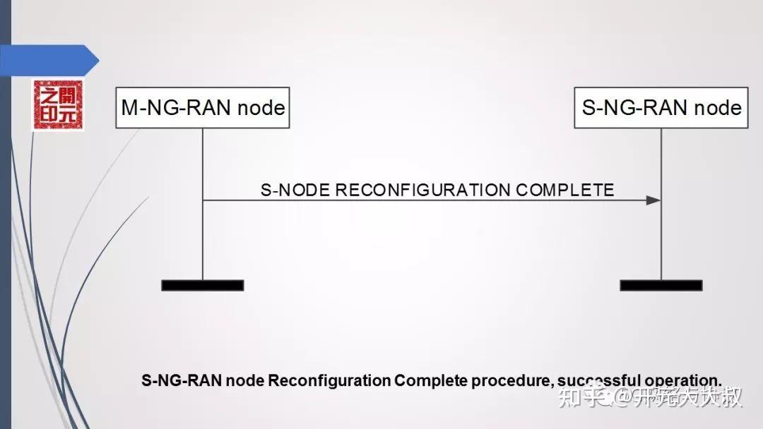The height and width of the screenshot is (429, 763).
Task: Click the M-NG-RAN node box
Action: point(203,108)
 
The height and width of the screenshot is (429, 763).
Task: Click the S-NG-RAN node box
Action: point(661,108)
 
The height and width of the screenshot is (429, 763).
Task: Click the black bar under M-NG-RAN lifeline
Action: point(203,285)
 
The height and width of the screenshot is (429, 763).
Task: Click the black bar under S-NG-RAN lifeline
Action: point(661,285)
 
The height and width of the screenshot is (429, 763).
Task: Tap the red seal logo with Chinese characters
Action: point(57,105)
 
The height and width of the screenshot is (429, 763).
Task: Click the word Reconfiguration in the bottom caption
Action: point(329,380)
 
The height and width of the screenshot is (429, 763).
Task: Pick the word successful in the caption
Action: point(590,380)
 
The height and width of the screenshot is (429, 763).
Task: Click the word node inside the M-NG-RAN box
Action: point(261,108)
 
